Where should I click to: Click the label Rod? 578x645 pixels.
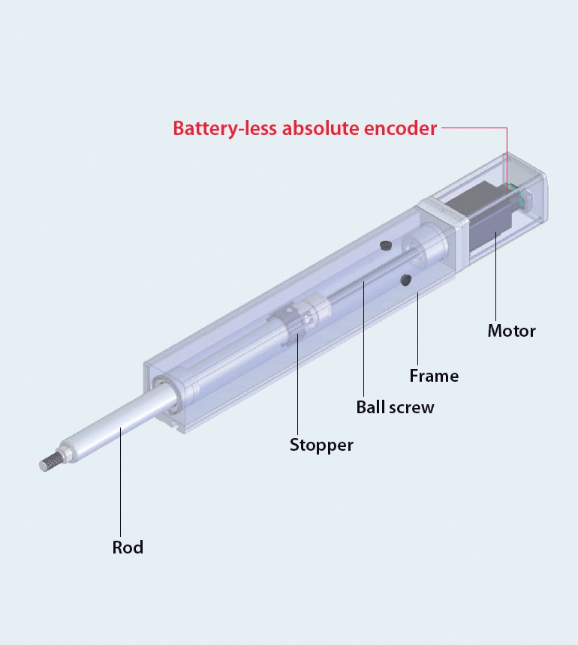pyautogui.click(x=128, y=547)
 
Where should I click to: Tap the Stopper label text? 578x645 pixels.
pyautogui.click(x=321, y=445)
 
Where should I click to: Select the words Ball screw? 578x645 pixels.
pyautogui.click(x=395, y=407)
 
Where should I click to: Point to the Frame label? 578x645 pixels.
pyautogui.click(x=434, y=376)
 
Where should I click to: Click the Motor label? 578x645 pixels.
pyautogui.click(x=512, y=331)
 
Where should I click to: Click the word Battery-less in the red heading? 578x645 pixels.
pyautogui.click(x=225, y=128)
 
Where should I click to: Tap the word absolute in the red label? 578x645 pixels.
pyautogui.click(x=321, y=128)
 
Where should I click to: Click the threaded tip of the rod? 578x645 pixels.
pyautogui.click(x=50, y=463)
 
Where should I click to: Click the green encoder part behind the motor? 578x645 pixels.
pyautogui.click(x=515, y=193)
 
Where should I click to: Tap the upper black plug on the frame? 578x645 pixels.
pyautogui.click(x=385, y=245)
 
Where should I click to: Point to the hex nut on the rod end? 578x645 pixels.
pyautogui.click(x=67, y=452)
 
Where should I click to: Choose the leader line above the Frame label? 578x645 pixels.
pyautogui.click(x=417, y=328)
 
